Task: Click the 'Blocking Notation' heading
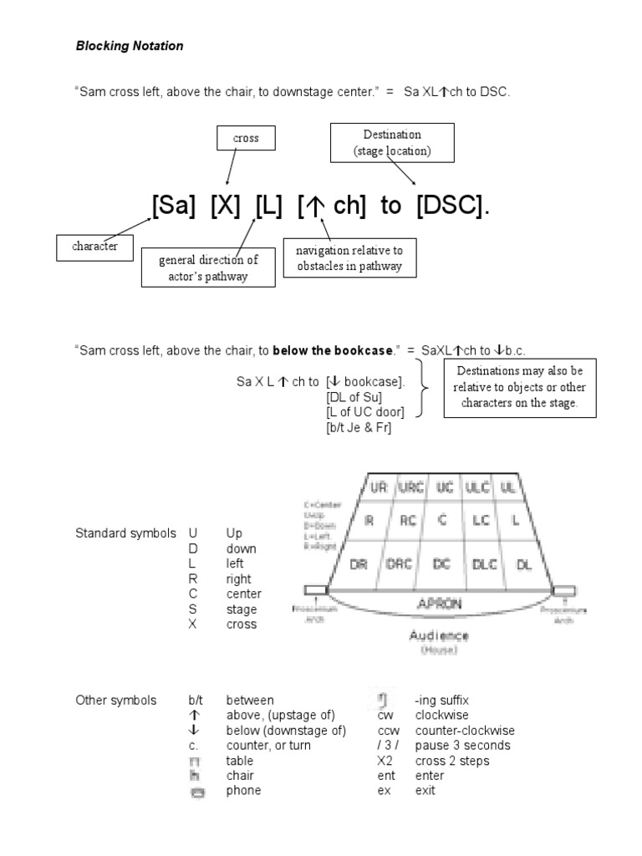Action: (x=130, y=47)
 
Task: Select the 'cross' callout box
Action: (x=246, y=138)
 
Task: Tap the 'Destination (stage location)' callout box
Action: (x=392, y=143)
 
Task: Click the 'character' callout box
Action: (x=94, y=247)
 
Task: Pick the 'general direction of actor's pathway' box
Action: (x=208, y=267)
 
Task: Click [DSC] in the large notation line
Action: (x=451, y=206)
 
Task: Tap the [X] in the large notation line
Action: (x=226, y=206)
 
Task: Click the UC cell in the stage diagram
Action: (x=445, y=487)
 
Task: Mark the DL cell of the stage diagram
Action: (x=524, y=564)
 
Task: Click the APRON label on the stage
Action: (x=440, y=602)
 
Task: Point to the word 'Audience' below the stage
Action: (x=439, y=635)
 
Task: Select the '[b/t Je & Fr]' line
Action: (x=359, y=427)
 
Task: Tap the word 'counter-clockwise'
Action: (x=465, y=731)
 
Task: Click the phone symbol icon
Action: (x=197, y=792)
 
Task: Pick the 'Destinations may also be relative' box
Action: (x=519, y=387)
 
